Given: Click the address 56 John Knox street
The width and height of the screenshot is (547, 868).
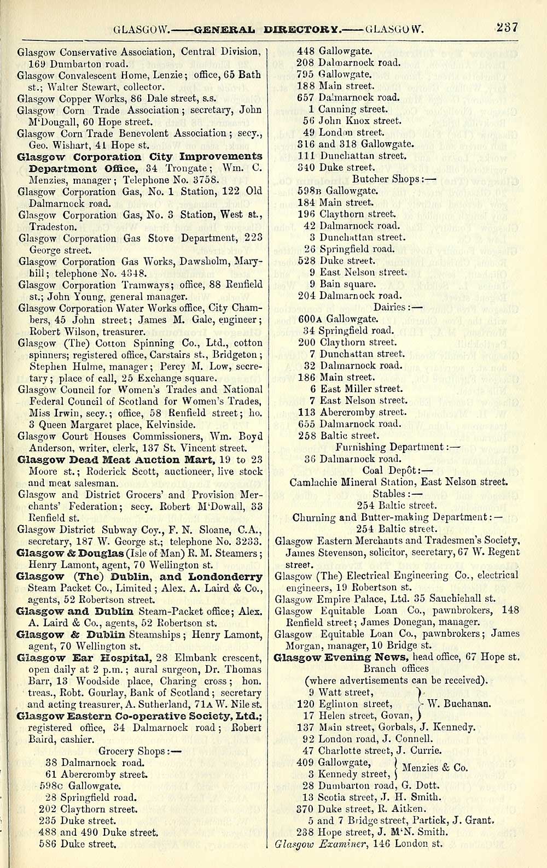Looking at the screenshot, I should pyautogui.click(x=352, y=121).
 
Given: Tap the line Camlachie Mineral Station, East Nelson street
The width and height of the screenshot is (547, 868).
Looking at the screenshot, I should pyautogui.click(x=399, y=482).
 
